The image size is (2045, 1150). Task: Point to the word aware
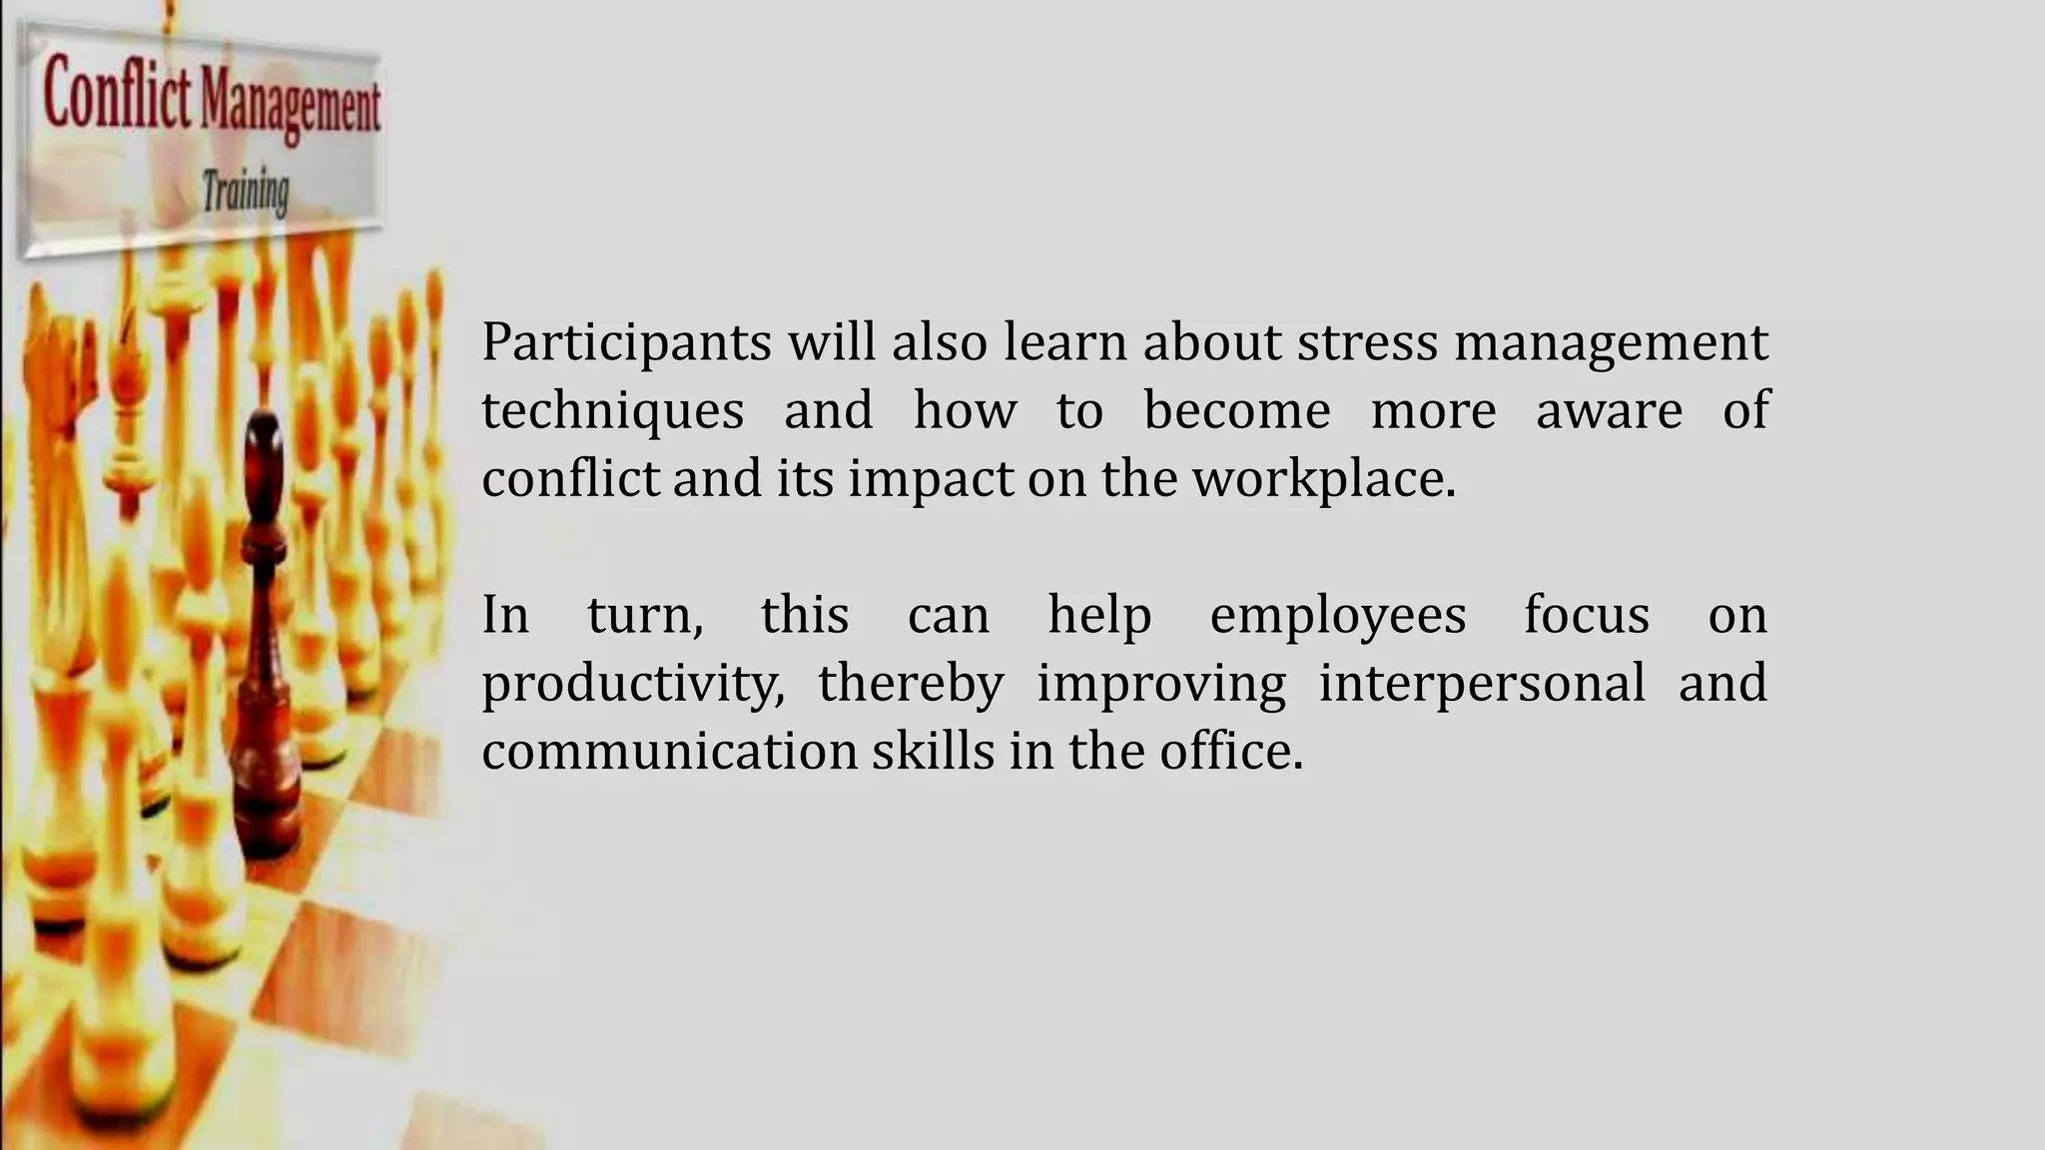coord(1609,410)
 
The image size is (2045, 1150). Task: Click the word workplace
coord(1324,480)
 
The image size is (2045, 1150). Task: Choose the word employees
coord(1337,616)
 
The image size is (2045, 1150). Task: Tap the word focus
coord(1586,614)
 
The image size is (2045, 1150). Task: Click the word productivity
coord(632,685)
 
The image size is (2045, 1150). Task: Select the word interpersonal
coord(1482,685)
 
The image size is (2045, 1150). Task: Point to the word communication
coord(669,752)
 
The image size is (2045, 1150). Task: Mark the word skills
coord(933,752)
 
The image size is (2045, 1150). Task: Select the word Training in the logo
coord(246,192)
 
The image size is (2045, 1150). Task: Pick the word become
coord(1236,410)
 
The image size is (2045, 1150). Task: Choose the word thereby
coord(911,685)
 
